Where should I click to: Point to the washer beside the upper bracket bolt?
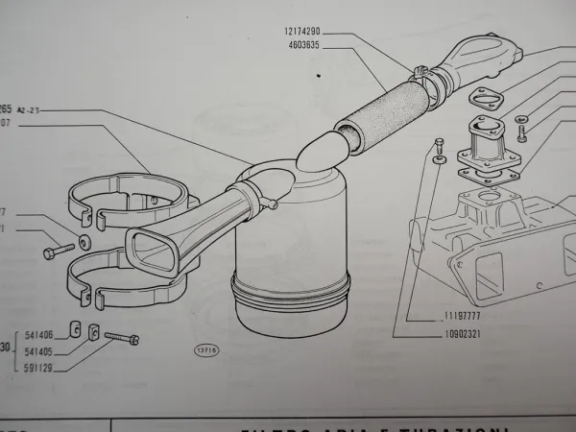[84, 239]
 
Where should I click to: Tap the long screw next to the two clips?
[120, 337]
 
